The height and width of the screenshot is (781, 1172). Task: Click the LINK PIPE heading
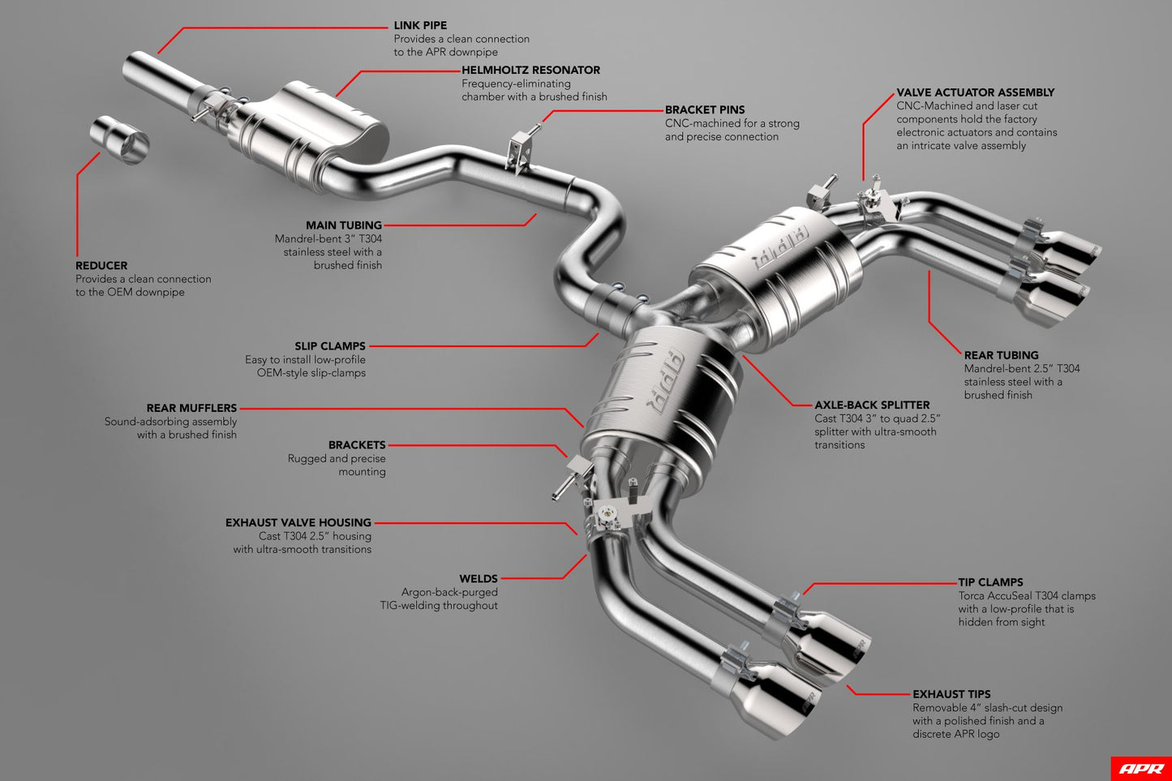pos(420,25)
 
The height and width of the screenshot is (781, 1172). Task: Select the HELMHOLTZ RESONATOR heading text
pos(530,71)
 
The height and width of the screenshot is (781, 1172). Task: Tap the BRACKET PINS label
pos(704,109)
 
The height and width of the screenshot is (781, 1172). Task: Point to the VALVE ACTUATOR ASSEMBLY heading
pos(975,92)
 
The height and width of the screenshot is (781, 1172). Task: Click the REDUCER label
pos(101,265)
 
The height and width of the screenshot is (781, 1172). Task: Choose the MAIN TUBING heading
pos(343,225)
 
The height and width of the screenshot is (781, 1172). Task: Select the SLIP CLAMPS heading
pos(329,346)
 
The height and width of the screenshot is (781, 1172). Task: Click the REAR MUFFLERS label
pos(191,408)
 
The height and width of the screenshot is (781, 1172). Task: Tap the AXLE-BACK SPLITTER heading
pos(872,405)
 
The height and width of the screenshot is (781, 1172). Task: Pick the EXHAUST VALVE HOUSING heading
pos(298,523)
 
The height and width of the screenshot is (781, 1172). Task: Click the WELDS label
pos(478,579)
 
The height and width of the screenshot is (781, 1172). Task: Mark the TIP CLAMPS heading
pos(990,582)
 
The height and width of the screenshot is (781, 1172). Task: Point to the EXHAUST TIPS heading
pos(951,694)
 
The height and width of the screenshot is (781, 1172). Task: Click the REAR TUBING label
pos(1001,355)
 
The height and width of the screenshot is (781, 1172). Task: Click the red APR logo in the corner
pos(1140,768)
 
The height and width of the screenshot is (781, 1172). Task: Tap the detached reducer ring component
pos(120,139)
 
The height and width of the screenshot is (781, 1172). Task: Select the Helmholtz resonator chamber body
pos(324,122)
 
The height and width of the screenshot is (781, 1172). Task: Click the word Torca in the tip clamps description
pos(973,596)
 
